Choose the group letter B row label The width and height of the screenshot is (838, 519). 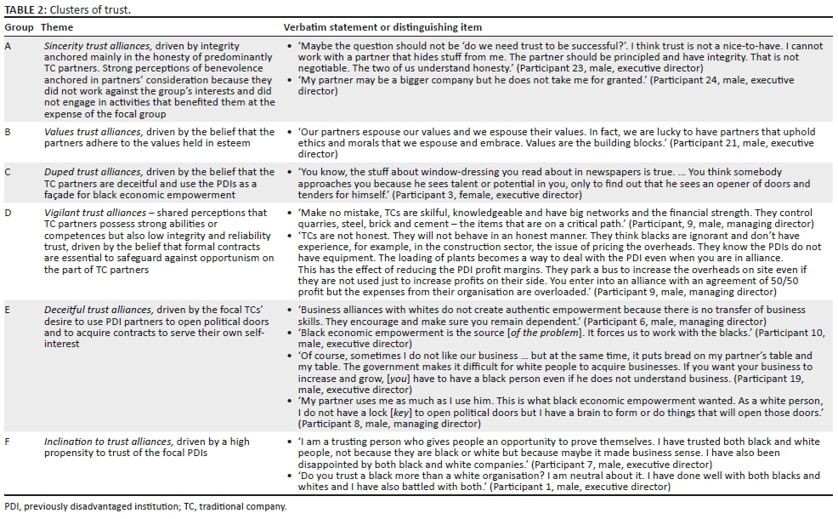pos(8,133)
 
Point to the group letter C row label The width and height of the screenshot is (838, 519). pos(8,172)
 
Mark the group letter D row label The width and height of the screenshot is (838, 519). pos(8,212)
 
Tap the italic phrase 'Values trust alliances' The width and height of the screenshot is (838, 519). pos(93,133)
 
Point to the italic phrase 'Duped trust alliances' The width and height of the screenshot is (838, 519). pos(93,172)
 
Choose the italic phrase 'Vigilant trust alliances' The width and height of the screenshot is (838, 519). pos(98,212)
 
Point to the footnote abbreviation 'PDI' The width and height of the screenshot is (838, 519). pos(12,506)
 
